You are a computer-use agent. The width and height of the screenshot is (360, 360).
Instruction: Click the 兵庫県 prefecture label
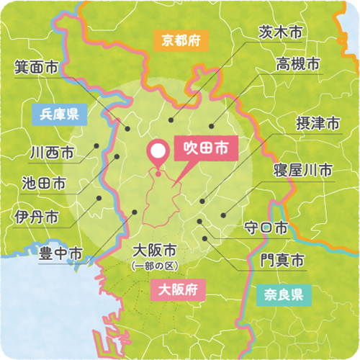60,113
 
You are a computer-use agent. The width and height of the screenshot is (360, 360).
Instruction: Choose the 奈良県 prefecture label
282,294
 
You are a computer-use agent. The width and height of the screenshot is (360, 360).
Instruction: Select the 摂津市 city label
319,124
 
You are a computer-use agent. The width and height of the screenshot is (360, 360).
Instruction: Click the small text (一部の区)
155,266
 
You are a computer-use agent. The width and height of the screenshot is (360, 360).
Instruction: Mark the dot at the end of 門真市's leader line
204,238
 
